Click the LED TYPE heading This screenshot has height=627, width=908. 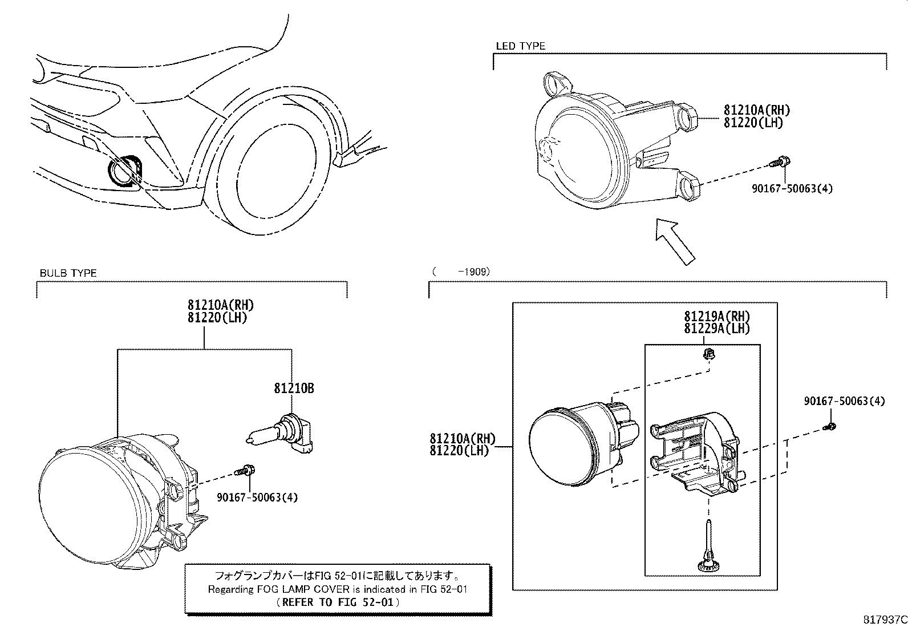pyautogui.click(x=520, y=46)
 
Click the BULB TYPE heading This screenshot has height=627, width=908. pyautogui.click(x=68, y=273)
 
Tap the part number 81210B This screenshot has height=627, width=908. pyautogui.click(x=294, y=389)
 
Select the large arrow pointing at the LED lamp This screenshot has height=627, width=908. pyautogui.click(x=676, y=241)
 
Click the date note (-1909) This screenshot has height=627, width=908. pyautogui.click(x=461, y=272)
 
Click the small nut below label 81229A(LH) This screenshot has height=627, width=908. pyautogui.click(x=709, y=355)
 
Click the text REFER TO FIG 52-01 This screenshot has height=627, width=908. pyautogui.click(x=337, y=601)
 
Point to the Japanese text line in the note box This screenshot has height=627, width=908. pyautogui.click(x=337, y=575)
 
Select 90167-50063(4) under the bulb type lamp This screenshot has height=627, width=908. pyautogui.click(x=257, y=497)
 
